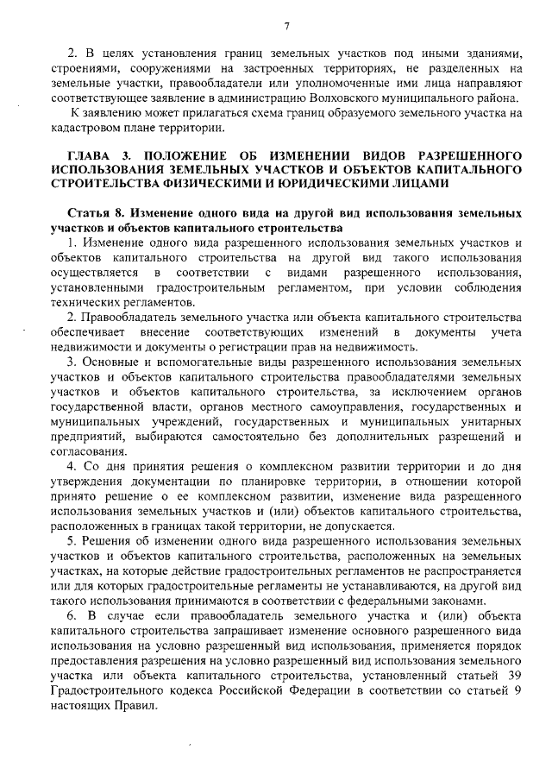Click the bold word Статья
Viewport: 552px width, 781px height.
coord(89,212)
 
